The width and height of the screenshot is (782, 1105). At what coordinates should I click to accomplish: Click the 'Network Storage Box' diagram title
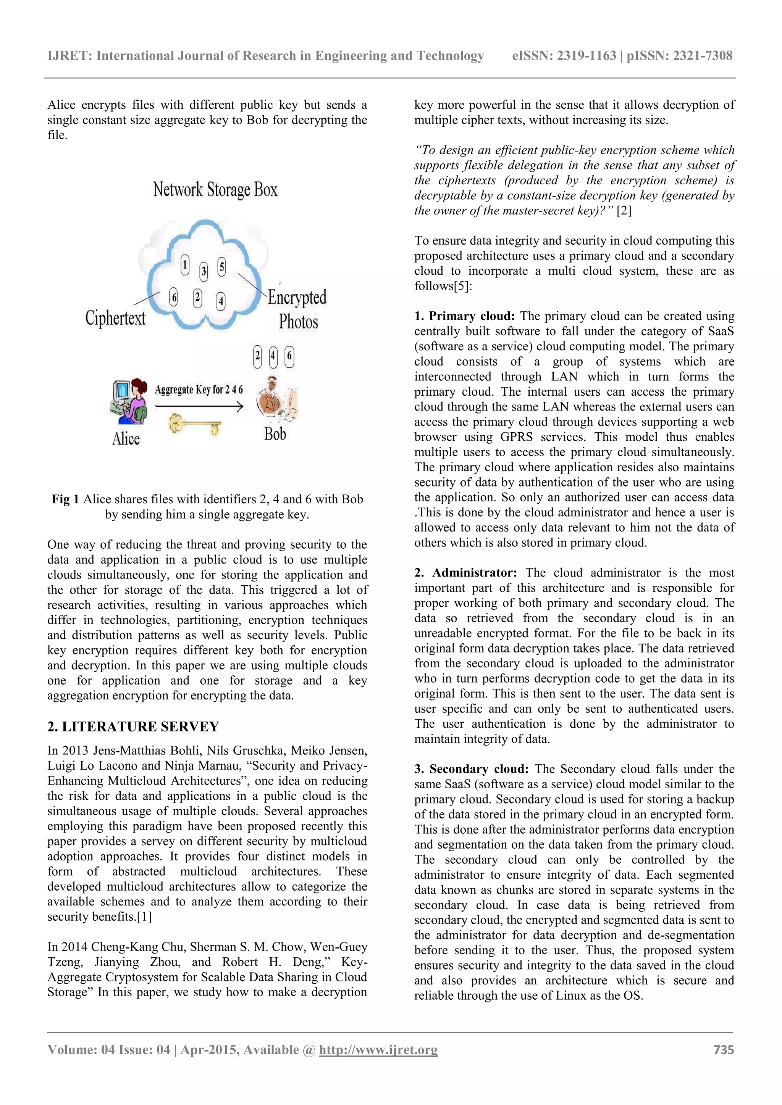(215, 190)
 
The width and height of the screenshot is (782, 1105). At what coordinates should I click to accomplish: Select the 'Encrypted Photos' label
(297, 309)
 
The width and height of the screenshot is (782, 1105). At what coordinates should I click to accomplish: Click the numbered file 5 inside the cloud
(221, 267)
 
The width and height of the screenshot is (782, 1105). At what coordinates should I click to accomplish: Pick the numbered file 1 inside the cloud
(185, 265)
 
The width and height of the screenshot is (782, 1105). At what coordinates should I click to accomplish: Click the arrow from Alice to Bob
(199, 407)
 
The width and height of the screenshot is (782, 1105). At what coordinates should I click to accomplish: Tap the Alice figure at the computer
(128, 402)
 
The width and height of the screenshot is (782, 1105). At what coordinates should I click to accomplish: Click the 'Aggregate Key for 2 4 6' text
(199, 389)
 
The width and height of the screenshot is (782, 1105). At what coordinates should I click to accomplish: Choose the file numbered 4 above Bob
(273, 357)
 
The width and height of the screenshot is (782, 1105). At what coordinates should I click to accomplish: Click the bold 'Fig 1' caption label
(66, 499)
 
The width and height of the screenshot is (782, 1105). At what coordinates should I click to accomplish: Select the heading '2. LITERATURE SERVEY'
(133, 726)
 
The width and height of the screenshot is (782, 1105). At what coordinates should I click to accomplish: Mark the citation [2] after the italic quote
(624, 211)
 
